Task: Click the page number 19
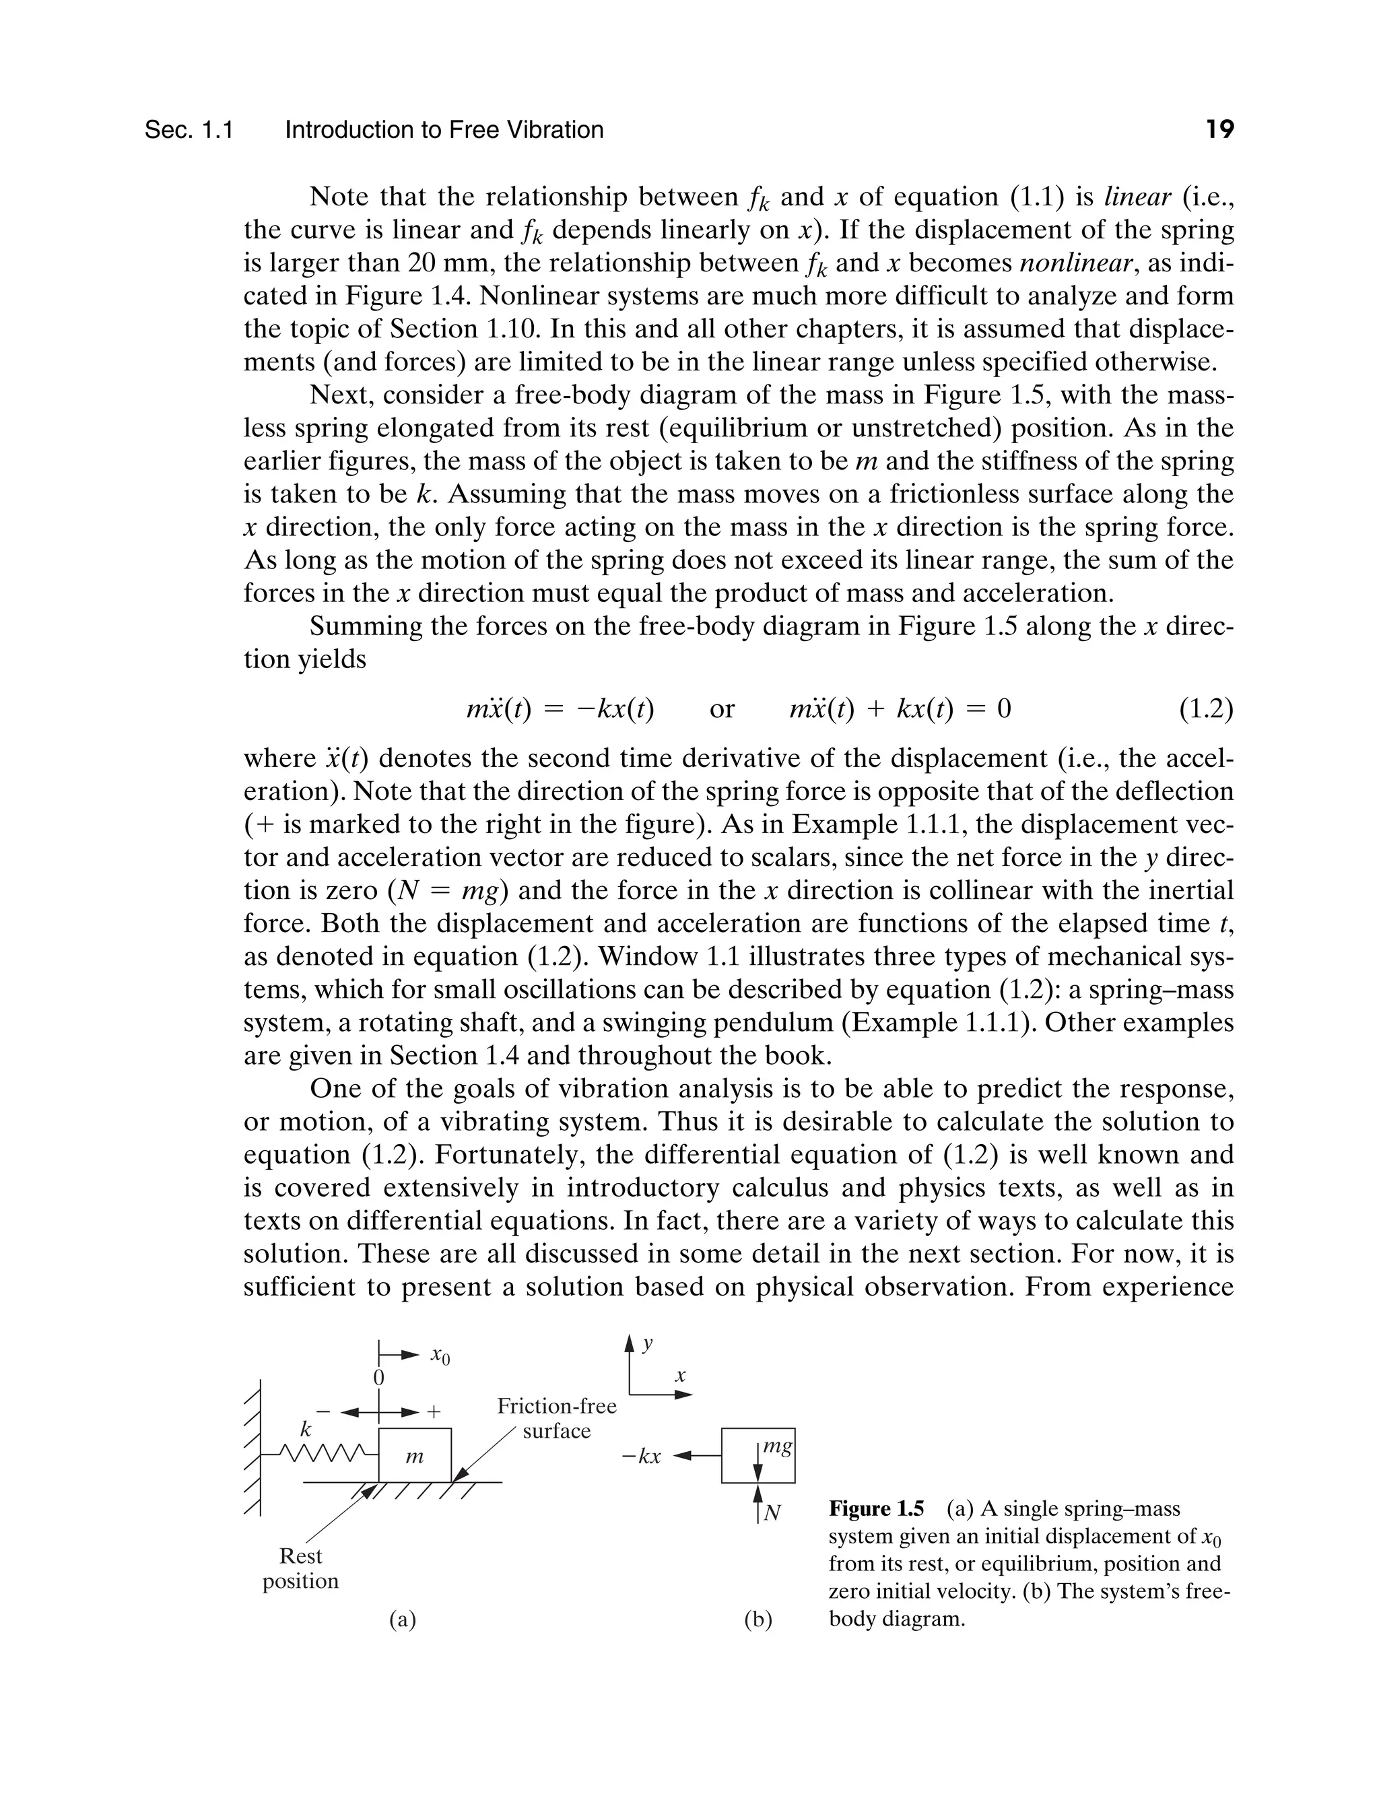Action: click(1220, 130)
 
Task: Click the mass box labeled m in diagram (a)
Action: click(415, 1455)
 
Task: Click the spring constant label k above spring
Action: click(305, 1429)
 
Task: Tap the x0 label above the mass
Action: click(440, 1356)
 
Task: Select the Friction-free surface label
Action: click(557, 1418)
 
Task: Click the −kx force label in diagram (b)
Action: click(641, 1458)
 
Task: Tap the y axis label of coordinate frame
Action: click(648, 1343)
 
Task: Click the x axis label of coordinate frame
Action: click(679, 1376)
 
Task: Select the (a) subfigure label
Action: click(402, 1619)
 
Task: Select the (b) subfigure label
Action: click(758, 1619)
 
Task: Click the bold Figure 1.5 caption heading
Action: click(876, 1508)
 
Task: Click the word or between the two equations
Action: click(722, 708)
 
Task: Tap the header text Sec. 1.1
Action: click(189, 130)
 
